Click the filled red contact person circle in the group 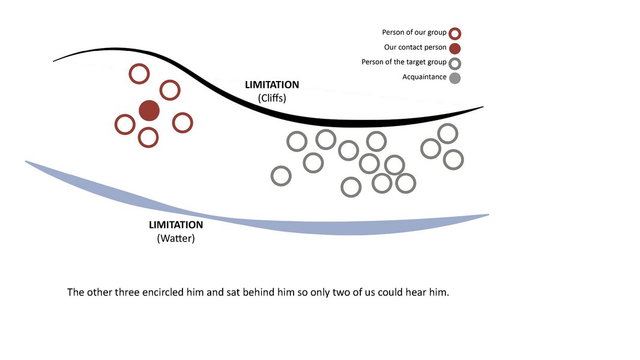(x=149, y=110)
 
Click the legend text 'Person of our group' (x=414, y=32)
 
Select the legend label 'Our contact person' (x=415, y=47)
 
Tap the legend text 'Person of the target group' (x=403, y=62)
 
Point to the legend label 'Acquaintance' (x=424, y=77)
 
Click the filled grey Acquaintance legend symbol (x=454, y=78)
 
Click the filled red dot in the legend (x=454, y=49)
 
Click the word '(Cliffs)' (x=272, y=98)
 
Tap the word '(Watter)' (x=176, y=239)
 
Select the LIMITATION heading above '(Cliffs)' (x=272, y=85)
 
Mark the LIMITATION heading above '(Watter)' (x=176, y=225)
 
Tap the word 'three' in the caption (x=127, y=292)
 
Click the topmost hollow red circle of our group (x=139, y=65)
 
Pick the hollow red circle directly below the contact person (x=148, y=128)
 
